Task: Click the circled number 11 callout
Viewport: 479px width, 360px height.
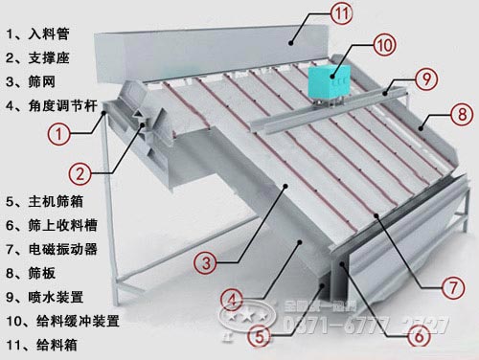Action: point(316,14)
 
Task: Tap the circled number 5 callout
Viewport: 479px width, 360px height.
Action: point(258,337)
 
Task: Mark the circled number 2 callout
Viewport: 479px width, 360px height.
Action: point(80,173)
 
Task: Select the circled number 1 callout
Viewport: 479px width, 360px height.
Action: point(60,135)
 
